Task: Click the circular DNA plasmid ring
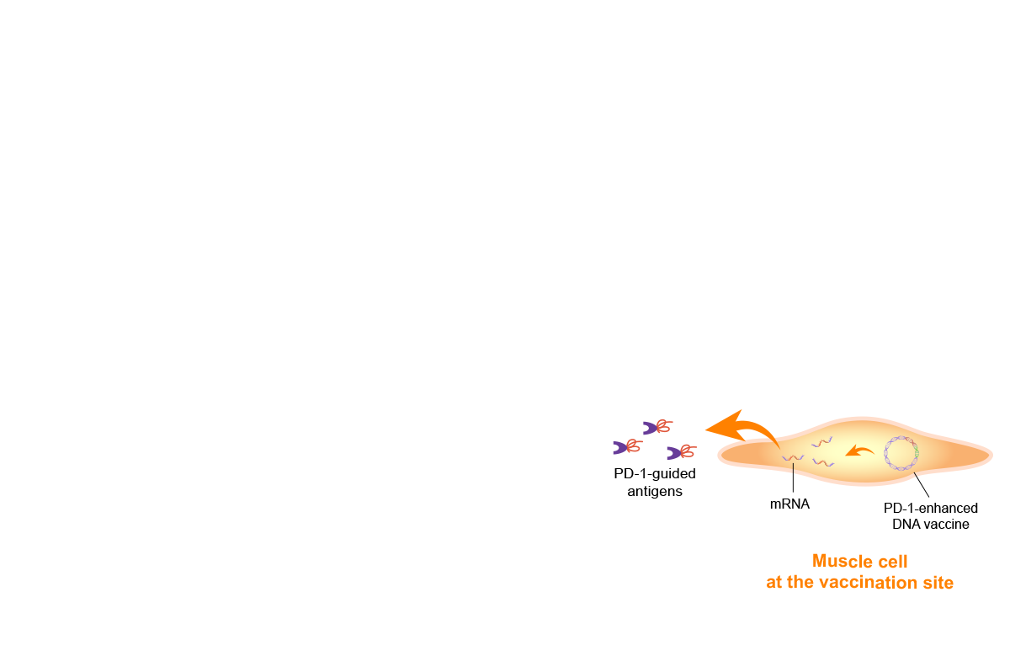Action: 885,453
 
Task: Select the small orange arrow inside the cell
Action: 859,451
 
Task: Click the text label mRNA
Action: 789,504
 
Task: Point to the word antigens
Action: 655,491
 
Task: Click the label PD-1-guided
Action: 655,473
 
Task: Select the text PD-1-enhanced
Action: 931,509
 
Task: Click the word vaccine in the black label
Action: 946,524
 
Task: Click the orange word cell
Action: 891,562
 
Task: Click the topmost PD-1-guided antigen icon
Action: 657,427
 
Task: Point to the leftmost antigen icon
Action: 628,446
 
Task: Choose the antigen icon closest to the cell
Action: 682,452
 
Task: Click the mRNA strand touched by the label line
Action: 793,458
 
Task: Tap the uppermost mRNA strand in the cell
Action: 821,442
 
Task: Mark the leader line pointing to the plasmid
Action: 921,485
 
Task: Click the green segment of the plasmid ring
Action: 916,451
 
